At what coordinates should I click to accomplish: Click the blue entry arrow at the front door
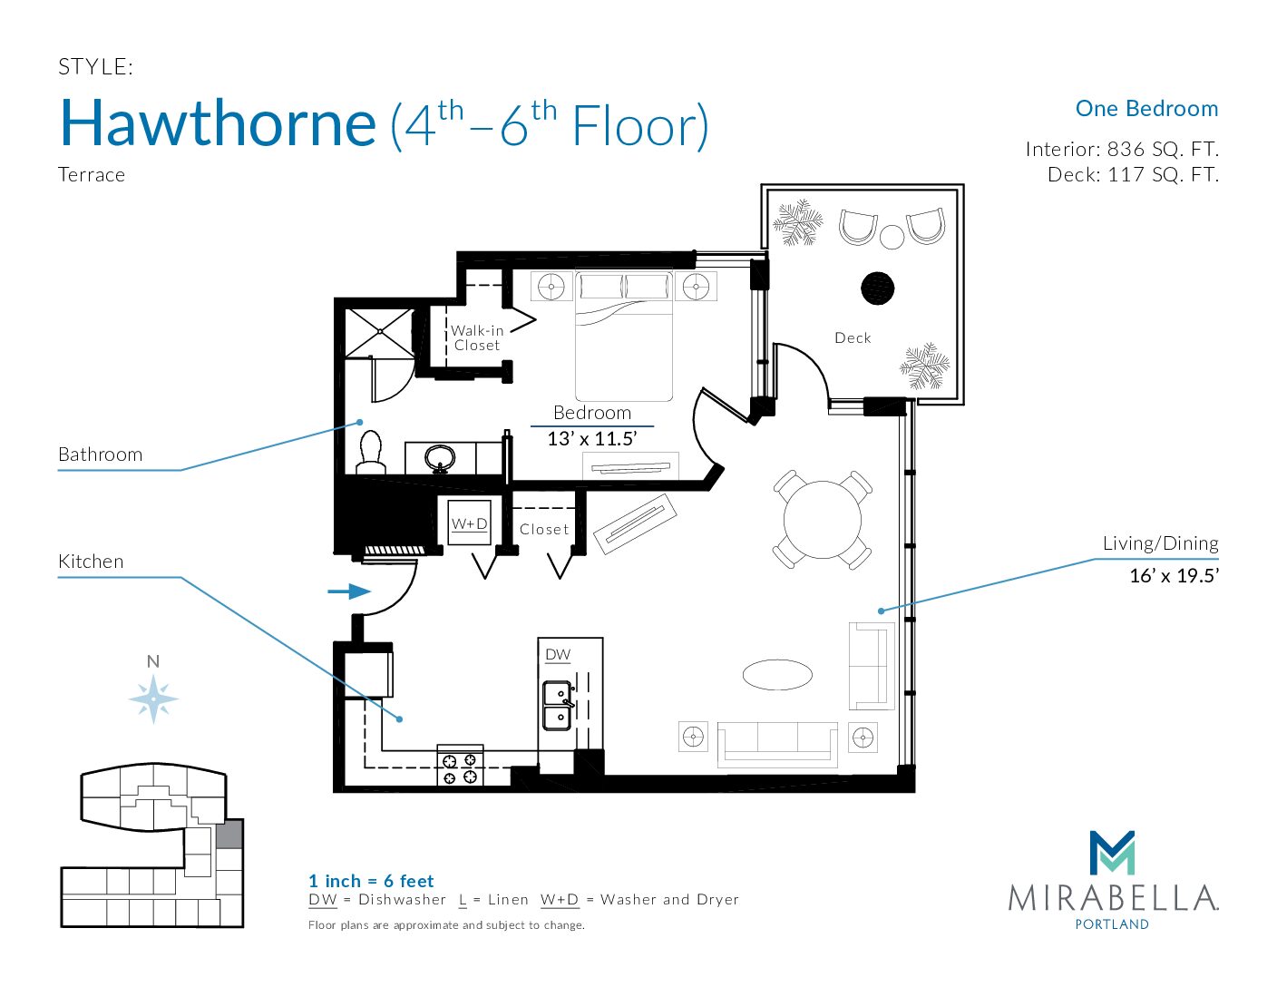(349, 591)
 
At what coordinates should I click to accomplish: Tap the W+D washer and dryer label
(470, 523)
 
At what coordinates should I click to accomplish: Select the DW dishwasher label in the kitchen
(558, 654)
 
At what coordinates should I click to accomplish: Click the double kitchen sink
(557, 706)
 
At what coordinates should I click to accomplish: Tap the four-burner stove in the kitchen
(460, 769)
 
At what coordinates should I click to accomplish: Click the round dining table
(822, 520)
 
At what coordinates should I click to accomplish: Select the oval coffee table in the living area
(777, 674)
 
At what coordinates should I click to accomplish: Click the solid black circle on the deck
(877, 288)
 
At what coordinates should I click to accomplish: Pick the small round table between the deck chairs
(892, 237)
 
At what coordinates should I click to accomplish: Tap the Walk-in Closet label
(476, 338)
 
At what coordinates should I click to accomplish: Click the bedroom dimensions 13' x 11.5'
(592, 438)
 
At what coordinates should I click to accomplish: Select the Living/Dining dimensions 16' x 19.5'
(1175, 575)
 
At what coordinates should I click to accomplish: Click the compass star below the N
(153, 699)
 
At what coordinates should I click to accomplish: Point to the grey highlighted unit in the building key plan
(229, 835)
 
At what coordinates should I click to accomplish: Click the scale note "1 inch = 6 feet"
(371, 881)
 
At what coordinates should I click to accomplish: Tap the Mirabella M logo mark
(1112, 853)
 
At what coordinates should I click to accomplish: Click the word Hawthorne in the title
(218, 123)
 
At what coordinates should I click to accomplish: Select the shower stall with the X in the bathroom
(380, 333)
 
